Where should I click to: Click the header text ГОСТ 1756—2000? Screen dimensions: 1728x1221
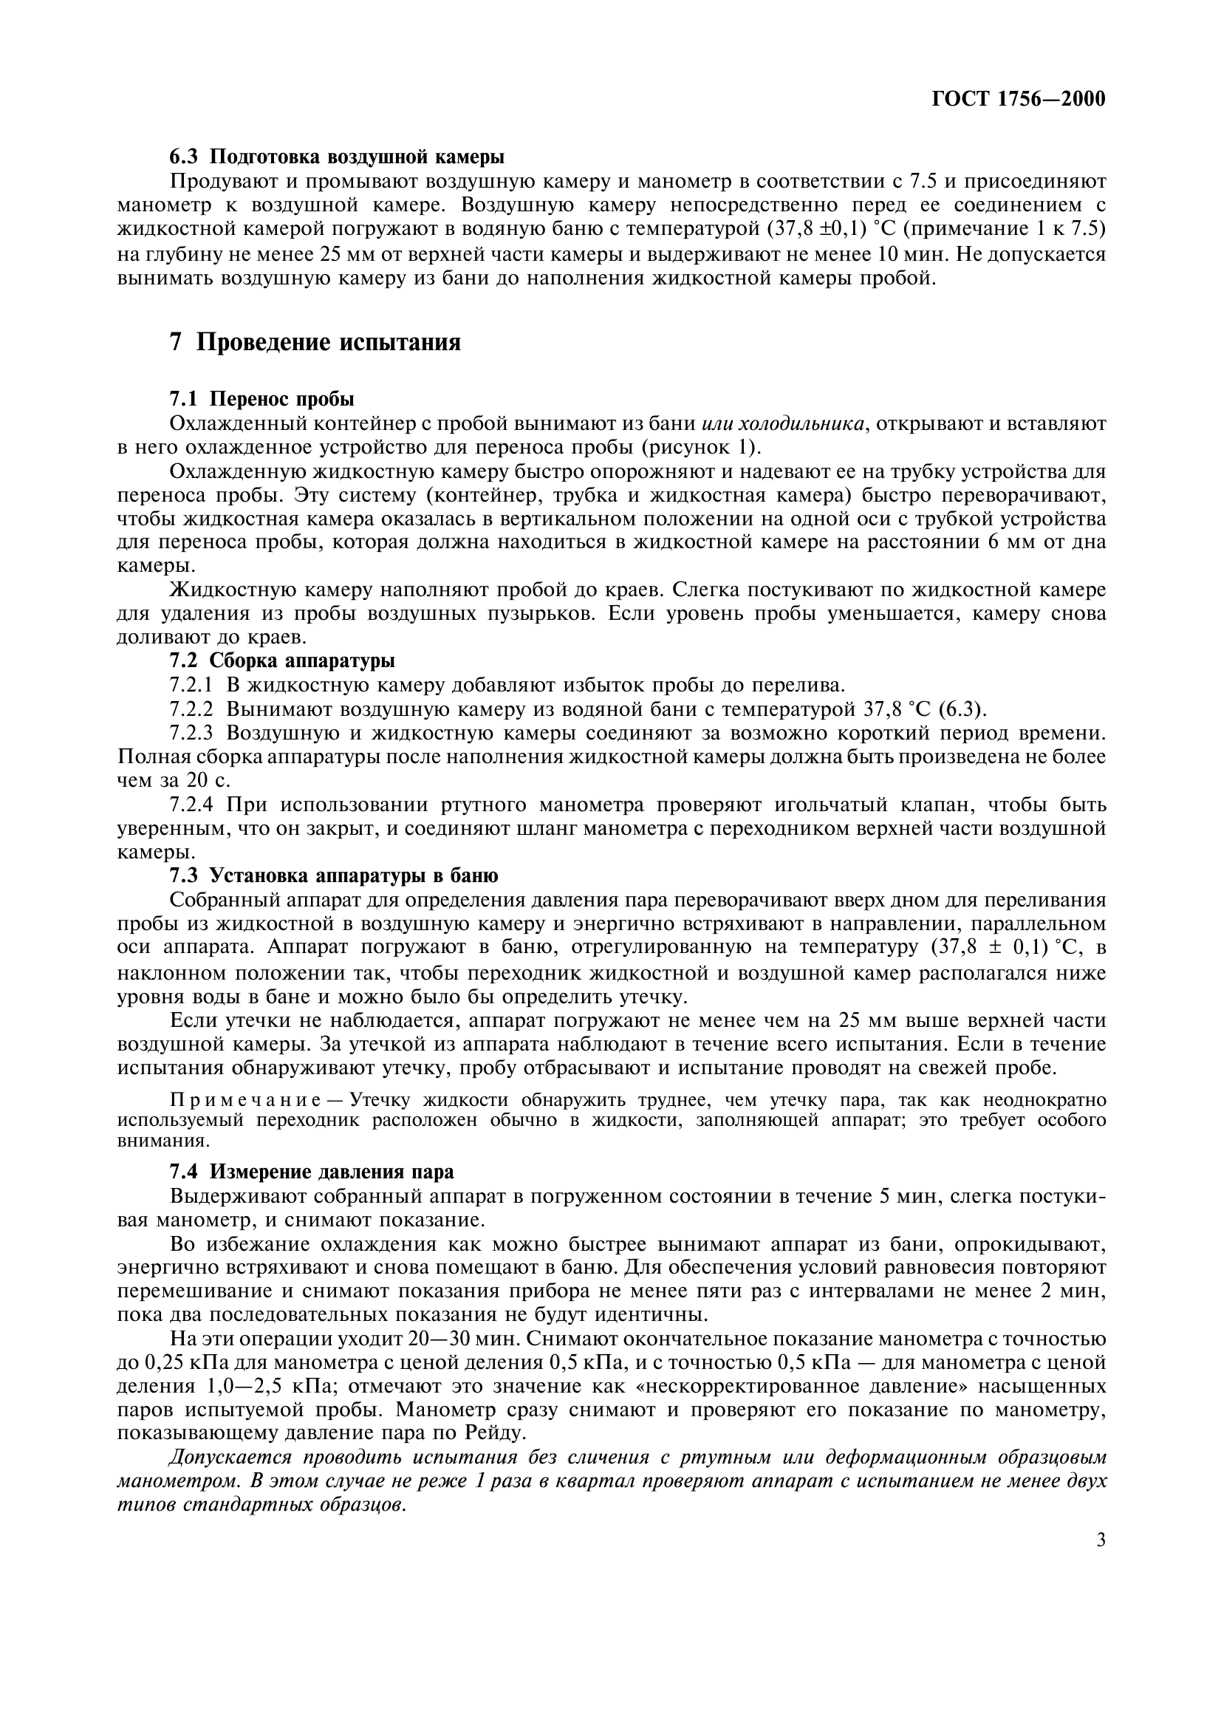1019,99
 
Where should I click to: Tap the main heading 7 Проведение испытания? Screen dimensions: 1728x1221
315,343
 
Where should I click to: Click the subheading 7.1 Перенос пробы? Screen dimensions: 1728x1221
261,399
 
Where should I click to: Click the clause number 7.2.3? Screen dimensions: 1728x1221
191,733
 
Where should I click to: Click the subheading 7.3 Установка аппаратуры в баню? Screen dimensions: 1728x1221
333,876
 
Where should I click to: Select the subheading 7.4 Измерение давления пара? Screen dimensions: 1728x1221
312,1172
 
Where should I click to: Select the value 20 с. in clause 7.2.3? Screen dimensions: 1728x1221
208,780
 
